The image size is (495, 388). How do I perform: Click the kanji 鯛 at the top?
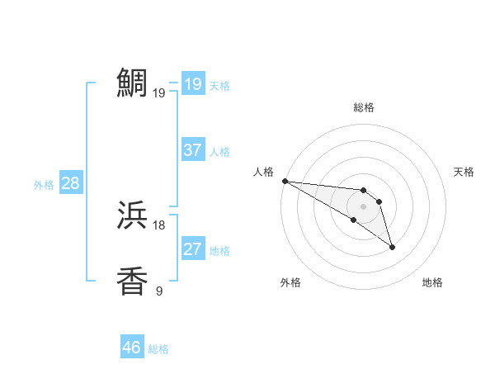coord(132,83)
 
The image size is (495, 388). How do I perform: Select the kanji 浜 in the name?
coord(132,216)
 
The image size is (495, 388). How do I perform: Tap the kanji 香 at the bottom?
coord(132,281)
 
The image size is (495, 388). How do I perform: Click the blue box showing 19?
coord(192,84)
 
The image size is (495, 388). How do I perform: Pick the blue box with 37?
coord(192,150)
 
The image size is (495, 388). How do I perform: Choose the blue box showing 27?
coord(192,249)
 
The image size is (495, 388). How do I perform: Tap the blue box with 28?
coord(70,183)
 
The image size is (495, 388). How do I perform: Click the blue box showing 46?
coord(132,348)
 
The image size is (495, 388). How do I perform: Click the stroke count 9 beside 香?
coord(159,290)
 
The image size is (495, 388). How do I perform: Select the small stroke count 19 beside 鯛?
coord(159,93)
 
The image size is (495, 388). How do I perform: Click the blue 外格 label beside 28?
coord(44,185)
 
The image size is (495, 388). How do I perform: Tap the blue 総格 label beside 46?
coord(158,349)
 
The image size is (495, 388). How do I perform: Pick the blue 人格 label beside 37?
coord(219,152)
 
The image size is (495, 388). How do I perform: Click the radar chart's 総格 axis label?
coord(364,107)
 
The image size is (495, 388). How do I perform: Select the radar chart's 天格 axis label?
coord(464,172)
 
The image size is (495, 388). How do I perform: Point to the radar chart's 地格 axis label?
coord(432,282)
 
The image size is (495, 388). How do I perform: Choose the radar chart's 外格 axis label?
coord(290,282)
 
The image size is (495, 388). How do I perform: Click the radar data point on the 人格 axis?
coord(285,181)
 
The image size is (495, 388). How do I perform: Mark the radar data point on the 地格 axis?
coord(392,246)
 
